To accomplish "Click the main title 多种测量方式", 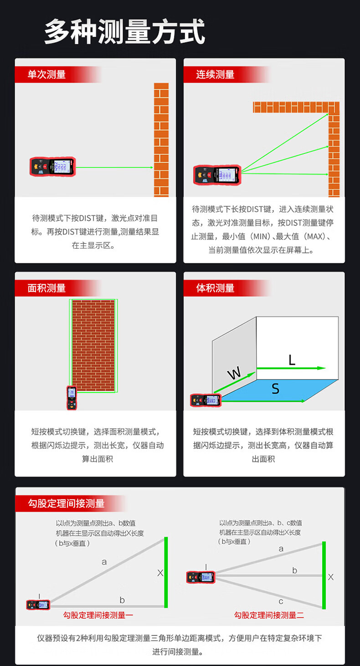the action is [125, 31].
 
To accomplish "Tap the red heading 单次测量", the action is [47, 74].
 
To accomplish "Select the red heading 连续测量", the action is [215, 74].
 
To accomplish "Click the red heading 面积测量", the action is [47, 288].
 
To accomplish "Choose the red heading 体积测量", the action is [215, 288].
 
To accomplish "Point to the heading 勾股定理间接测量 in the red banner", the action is [67, 503].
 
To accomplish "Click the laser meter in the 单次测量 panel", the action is [53, 167].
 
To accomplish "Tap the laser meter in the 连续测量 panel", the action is [217, 175].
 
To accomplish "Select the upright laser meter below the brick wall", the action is [72, 398].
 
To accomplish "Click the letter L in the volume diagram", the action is [292, 360].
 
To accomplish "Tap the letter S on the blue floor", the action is [276, 389].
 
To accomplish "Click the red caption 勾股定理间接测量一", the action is [98, 615].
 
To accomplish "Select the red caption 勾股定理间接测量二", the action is [269, 615].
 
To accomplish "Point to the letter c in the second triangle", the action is [281, 601].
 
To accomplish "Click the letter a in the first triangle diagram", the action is [104, 562].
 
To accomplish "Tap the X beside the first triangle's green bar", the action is [160, 573].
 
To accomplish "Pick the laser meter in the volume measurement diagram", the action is [206, 400].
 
